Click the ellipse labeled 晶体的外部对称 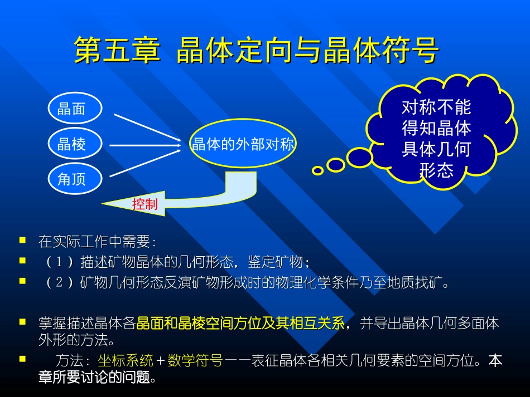coord(243,145)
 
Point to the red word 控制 coord(144,204)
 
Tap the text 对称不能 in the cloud coord(437,107)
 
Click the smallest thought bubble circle coord(317,171)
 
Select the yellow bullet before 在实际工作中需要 coord(22,241)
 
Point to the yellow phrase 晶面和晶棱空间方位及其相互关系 coord(240,324)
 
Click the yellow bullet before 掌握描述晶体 coord(22,322)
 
